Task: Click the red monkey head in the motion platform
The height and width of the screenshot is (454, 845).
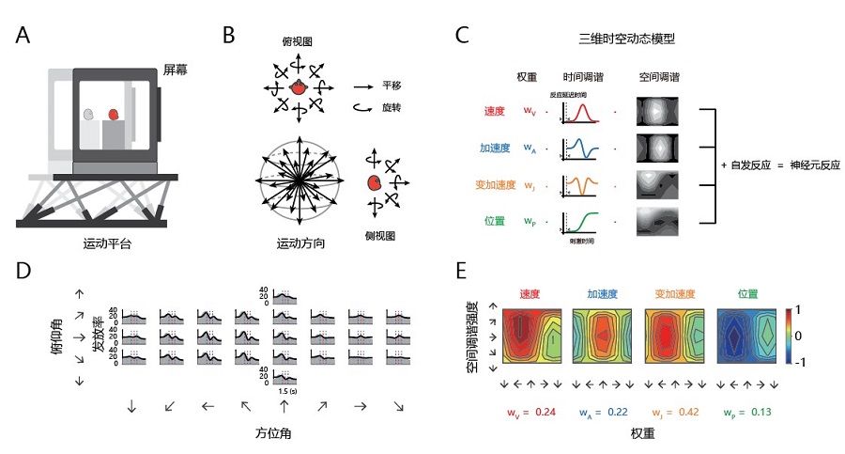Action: pyautogui.click(x=114, y=114)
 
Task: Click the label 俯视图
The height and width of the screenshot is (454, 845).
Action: pyautogui.click(x=297, y=43)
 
